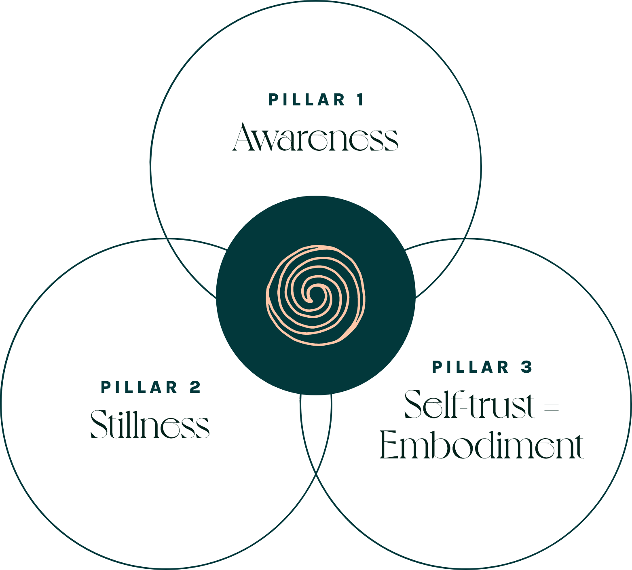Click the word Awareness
pos(316,138)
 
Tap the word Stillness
pos(150,424)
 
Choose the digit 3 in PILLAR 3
pos(526,367)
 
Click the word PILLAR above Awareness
pos(307,100)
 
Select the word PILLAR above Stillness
pos(140,387)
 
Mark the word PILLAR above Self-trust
pos(471,367)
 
